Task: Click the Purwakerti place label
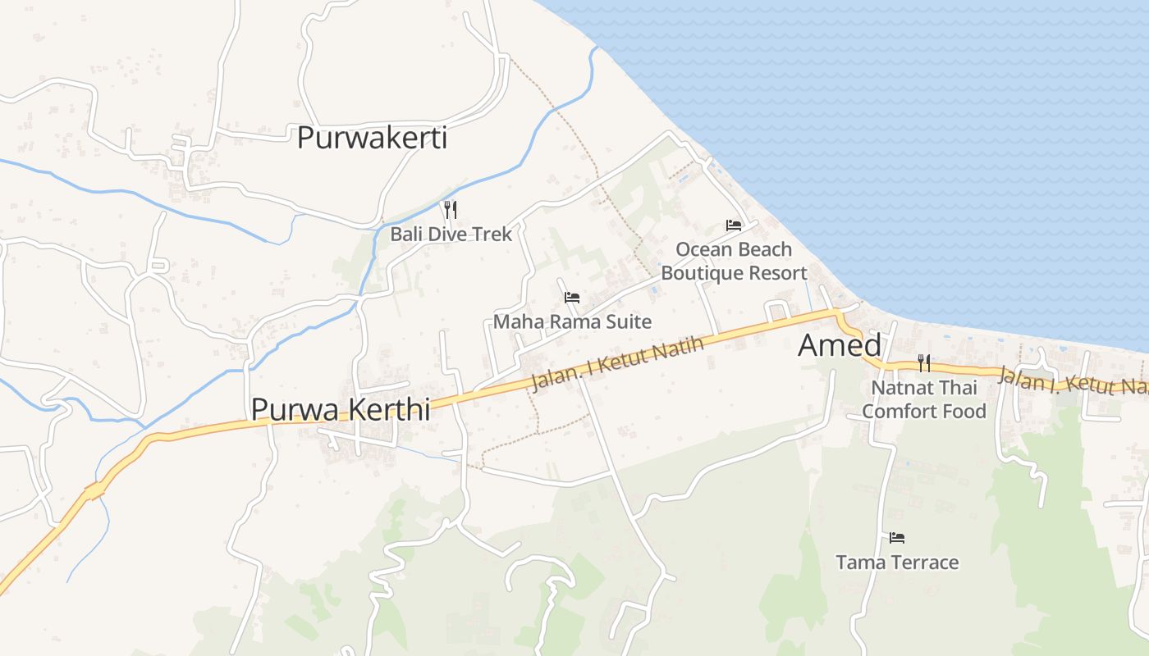click(372, 138)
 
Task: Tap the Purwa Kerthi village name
click(340, 408)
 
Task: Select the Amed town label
click(840, 345)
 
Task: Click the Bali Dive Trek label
click(451, 234)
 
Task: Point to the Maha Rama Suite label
click(572, 321)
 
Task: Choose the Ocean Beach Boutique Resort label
click(734, 261)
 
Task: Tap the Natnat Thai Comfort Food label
click(924, 399)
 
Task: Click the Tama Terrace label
click(897, 563)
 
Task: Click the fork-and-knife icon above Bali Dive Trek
click(450, 209)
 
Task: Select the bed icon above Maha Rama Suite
click(572, 297)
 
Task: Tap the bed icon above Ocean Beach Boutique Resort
click(734, 225)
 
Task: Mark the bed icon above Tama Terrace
click(897, 538)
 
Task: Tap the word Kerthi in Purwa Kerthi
click(391, 408)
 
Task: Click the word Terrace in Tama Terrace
click(924, 563)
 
